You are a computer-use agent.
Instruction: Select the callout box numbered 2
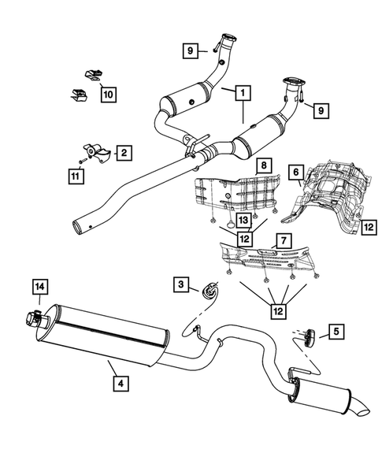tap(123, 150)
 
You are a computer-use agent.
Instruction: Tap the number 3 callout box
tap(182, 284)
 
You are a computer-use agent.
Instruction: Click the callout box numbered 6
tap(295, 171)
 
